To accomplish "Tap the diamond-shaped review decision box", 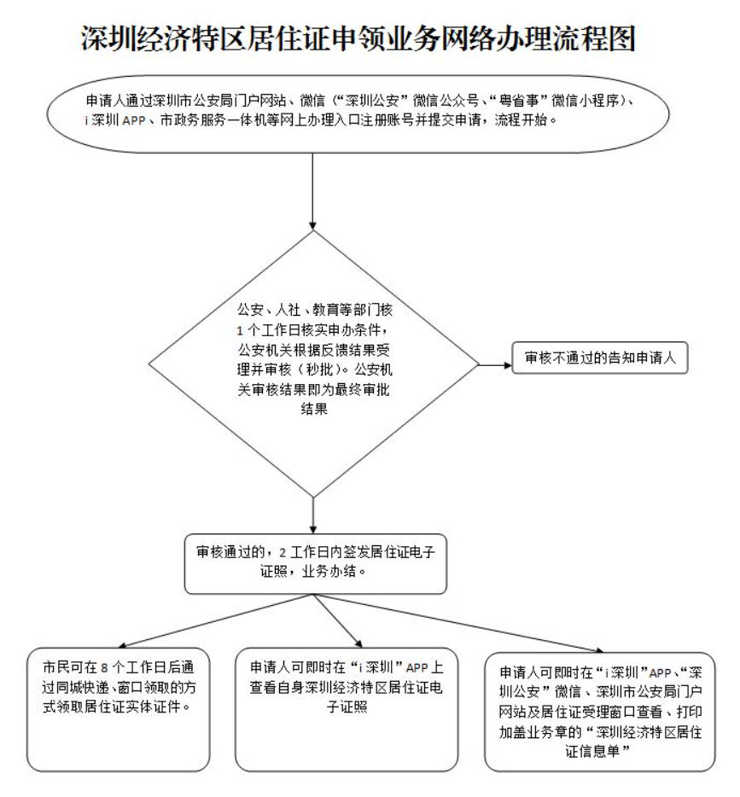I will pyautogui.click(x=317, y=363).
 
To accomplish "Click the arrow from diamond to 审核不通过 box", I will pyautogui.click(x=492, y=365).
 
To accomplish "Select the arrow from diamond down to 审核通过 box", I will pyautogui.click(x=317, y=515).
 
